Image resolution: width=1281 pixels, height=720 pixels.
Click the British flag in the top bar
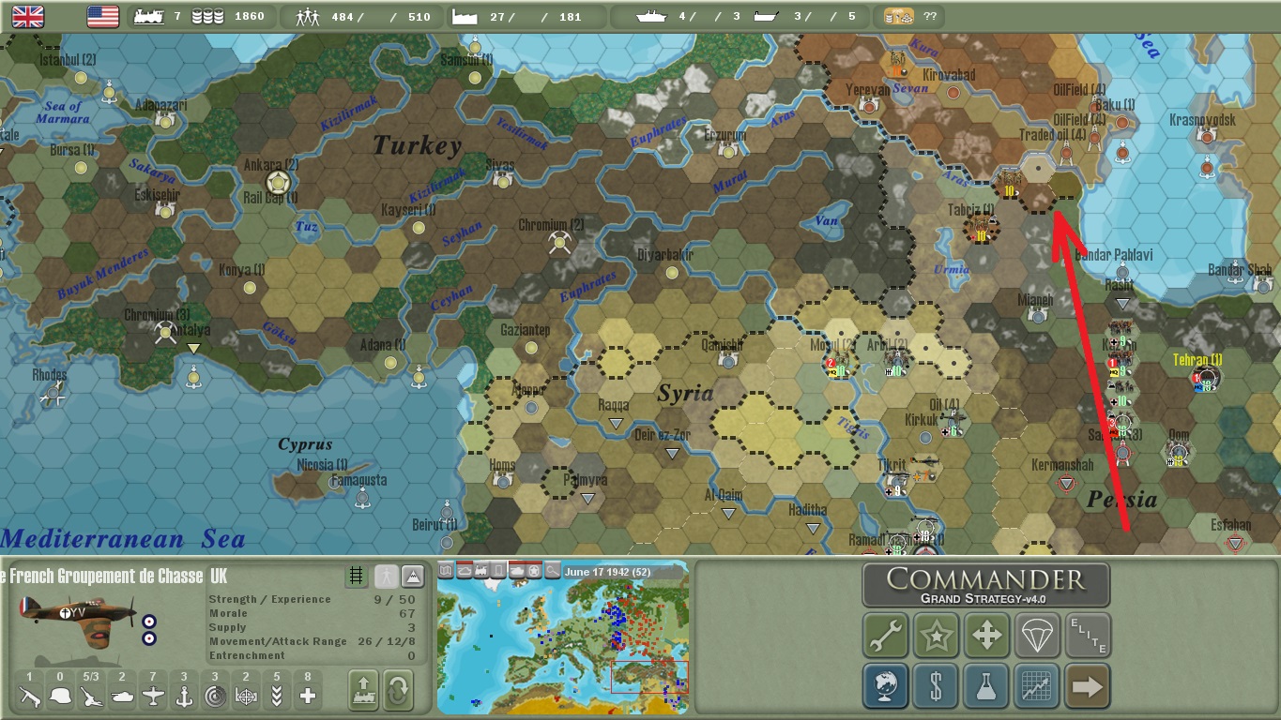pyautogui.click(x=28, y=16)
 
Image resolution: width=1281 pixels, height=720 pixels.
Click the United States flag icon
pyautogui.click(x=102, y=16)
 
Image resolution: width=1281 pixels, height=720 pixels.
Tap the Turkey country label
pyautogui.click(x=418, y=145)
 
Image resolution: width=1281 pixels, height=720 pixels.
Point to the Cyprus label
pyautogui.click(x=305, y=444)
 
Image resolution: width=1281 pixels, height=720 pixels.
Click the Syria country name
pyautogui.click(x=685, y=393)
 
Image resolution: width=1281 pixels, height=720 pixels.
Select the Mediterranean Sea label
pyautogui.click(x=122, y=539)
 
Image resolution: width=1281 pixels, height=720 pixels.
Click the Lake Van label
pyautogui.click(x=826, y=221)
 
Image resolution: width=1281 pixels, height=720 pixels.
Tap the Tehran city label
pyautogui.click(x=1197, y=360)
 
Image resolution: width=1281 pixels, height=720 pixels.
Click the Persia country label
pyautogui.click(x=1121, y=499)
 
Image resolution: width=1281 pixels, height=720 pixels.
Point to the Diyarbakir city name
pyautogui.click(x=665, y=255)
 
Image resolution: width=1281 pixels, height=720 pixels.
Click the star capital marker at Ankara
pyautogui.click(x=277, y=182)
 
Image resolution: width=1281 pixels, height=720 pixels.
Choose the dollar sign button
pyautogui.click(x=936, y=686)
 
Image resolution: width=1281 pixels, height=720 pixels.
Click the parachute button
pyautogui.click(x=1037, y=637)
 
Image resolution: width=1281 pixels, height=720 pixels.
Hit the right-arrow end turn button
pyautogui.click(x=1087, y=686)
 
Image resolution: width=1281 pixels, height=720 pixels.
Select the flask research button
pyautogui.click(x=986, y=686)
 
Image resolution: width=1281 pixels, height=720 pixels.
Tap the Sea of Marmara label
pyautogui.click(x=63, y=112)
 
